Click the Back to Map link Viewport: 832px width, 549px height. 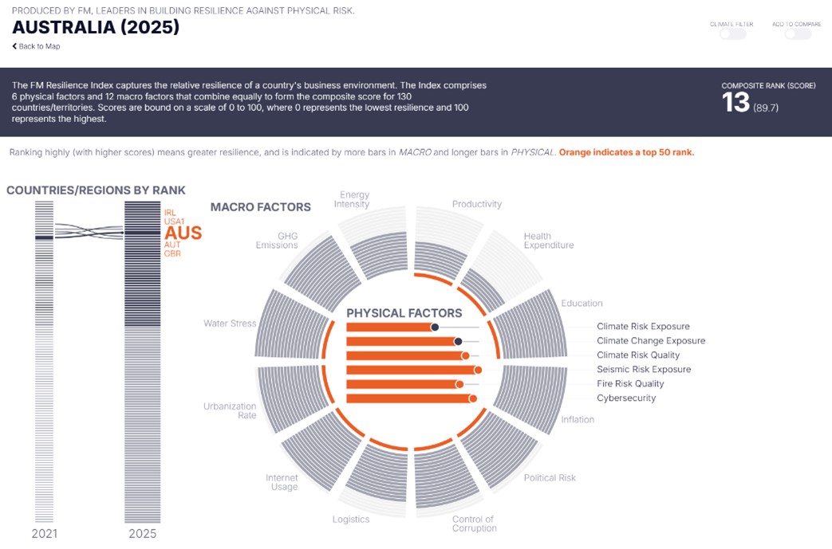[x=36, y=46]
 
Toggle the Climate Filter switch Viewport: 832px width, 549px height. [x=733, y=34]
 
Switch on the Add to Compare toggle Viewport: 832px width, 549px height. [x=798, y=34]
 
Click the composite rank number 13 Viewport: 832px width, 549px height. [x=735, y=102]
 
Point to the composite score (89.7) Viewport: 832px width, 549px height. [x=766, y=108]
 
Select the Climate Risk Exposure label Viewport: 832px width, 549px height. [x=643, y=327]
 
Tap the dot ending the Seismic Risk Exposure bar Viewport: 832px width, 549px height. [x=478, y=370]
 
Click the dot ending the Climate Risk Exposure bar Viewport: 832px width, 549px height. [x=435, y=327]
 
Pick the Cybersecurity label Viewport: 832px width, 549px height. [x=626, y=398]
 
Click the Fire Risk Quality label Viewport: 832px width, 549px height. [x=630, y=384]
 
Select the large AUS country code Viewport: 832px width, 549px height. [x=183, y=233]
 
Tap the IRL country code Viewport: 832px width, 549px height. [x=170, y=213]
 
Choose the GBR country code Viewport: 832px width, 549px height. [x=172, y=254]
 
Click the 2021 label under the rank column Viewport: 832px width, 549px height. [x=44, y=534]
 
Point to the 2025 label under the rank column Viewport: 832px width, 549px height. [x=143, y=534]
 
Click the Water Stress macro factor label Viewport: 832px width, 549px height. [x=230, y=324]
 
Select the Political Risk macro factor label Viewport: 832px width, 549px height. [x=550, y=478]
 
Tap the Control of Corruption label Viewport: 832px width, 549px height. [x=475, y=524]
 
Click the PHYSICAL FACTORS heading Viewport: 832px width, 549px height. [x=404, y=313]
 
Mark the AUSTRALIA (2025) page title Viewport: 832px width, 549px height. [x=96, y=27]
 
